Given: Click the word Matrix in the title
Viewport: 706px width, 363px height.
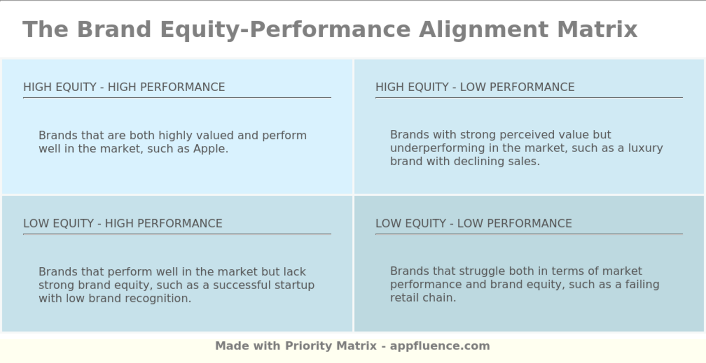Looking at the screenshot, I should pos(597,29).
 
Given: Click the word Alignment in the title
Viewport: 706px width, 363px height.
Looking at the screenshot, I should pos(483,29).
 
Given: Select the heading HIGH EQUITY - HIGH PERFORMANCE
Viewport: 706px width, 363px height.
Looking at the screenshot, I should pos(124,87).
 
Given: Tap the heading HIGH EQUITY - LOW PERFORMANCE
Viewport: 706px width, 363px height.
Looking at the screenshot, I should pos(475,87).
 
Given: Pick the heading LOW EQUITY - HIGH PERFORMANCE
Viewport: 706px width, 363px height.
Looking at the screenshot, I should pos(123,224).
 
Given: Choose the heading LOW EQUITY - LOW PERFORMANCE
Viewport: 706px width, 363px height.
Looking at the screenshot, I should pos(474,224).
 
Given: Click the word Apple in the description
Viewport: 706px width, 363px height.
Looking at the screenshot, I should pos(210,149).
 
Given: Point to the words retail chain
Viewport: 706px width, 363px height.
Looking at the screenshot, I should pos(423,298).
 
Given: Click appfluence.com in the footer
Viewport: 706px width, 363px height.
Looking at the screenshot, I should pos(440,346).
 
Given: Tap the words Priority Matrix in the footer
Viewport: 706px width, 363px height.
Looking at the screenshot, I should pos(331,346).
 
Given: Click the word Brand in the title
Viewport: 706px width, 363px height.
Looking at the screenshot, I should pos(114,29).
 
